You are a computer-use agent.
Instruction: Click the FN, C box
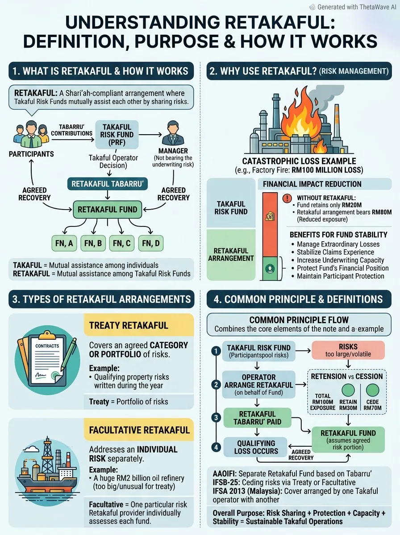pos(122,243)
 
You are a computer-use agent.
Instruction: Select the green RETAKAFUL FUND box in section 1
pos(108,210)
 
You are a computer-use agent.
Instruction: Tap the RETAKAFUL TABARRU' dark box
pos(108,184)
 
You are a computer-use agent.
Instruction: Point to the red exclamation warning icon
pos(287,198)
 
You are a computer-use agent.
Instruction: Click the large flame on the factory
pos(301,115)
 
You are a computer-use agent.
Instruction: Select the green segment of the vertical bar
pos(270,268)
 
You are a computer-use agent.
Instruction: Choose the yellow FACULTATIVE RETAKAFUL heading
pos(139,430)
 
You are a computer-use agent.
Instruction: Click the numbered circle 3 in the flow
pos(216,417)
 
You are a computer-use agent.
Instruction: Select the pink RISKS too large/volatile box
pos(348,350)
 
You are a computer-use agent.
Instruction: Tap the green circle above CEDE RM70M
pos(372,390)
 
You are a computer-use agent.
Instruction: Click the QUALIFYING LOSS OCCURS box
pos(256,447)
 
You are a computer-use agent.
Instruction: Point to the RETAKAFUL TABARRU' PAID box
pos(257,418)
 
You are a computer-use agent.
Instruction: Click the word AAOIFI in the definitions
pos(224,473)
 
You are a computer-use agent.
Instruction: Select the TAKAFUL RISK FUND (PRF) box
pos(117,135)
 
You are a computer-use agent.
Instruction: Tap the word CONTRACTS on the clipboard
pos(47,346)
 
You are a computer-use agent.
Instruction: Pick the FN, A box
pos(64,243)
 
